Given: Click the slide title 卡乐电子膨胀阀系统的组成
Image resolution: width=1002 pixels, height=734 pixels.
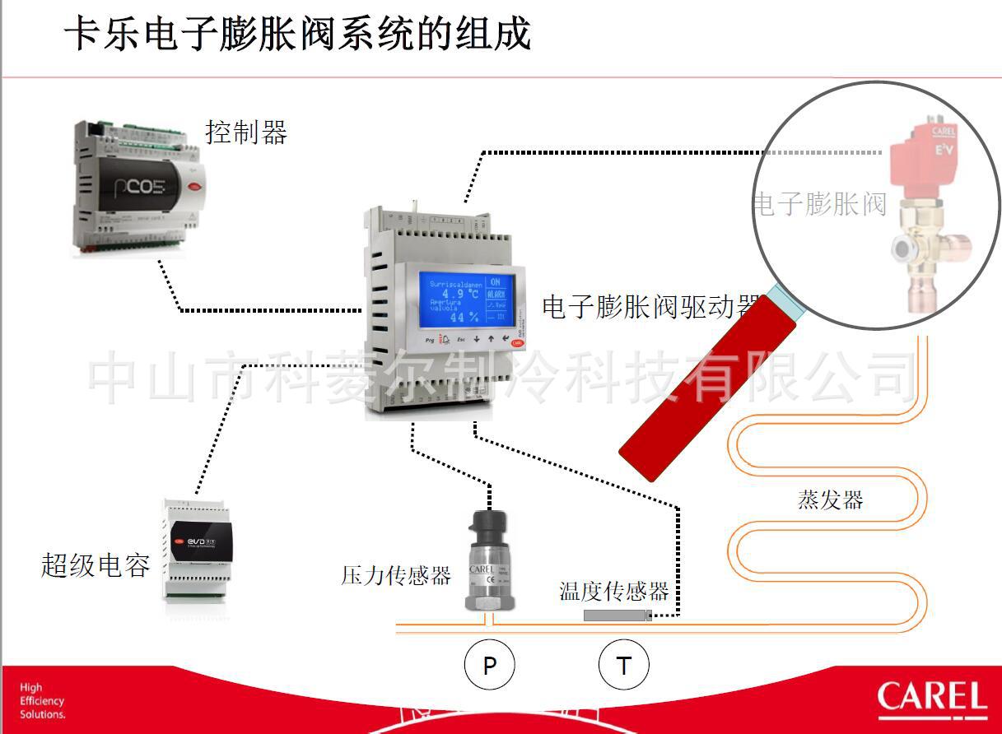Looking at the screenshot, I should pyautogui.click(x=298, y=35).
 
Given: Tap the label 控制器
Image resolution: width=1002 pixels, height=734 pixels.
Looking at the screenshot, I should pyautogui.click(x=246, y=132).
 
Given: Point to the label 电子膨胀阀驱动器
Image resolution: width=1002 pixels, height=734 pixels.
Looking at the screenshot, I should pyautogui.click(x=649, y=307).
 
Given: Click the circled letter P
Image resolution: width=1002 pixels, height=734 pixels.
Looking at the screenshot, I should pyautogui.click(x=490, y=666).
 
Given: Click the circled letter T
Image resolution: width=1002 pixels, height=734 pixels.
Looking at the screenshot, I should pyautogui.click(x=623, y=666).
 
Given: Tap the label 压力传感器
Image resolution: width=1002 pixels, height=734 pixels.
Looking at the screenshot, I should pyautogui.click(x=396, y=575).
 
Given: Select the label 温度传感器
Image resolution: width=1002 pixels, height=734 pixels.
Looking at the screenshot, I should pyautogui.click(x=613, y=591).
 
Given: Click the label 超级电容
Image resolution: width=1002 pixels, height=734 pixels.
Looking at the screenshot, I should pyautogui.click(x=96, y=565).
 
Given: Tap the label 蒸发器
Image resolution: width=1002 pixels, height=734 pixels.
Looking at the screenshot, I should pyautogui.click(x=830, y=499).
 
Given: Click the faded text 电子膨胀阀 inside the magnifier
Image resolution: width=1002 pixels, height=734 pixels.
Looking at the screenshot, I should pyautogui.click(x=820, y=203).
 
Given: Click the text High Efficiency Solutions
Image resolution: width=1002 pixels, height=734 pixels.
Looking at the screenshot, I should pyautogui.click(x=43, y=701).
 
